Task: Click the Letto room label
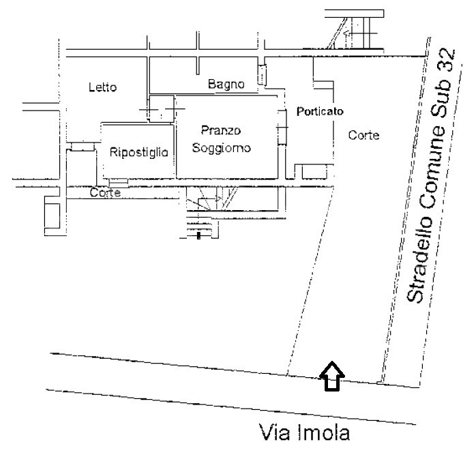(103, 87)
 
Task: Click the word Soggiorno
(222, 147)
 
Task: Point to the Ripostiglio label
(139, 153)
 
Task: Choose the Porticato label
(319, 111)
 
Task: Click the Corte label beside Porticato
(363, 135)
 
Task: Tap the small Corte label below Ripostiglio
(106, 193)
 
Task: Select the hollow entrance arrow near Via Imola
(332, 375)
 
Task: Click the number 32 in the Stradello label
(447, 61)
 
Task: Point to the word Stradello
(417, 268)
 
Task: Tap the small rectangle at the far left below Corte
(52, 214)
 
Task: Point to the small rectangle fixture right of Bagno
(262, 75)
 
